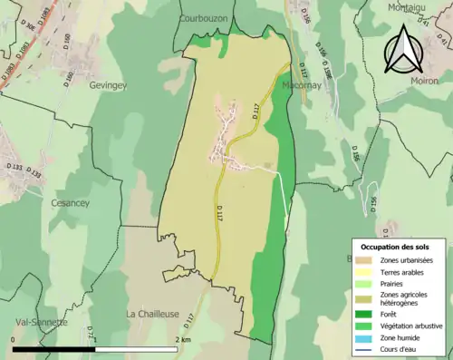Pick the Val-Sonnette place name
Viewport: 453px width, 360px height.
coord(41,322)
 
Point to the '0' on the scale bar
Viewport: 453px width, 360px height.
coord(13,339)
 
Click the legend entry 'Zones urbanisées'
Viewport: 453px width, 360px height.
coord(406,261)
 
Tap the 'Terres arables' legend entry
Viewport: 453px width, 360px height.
coord(402,272)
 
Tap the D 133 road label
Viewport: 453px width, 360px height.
coord(14,168)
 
